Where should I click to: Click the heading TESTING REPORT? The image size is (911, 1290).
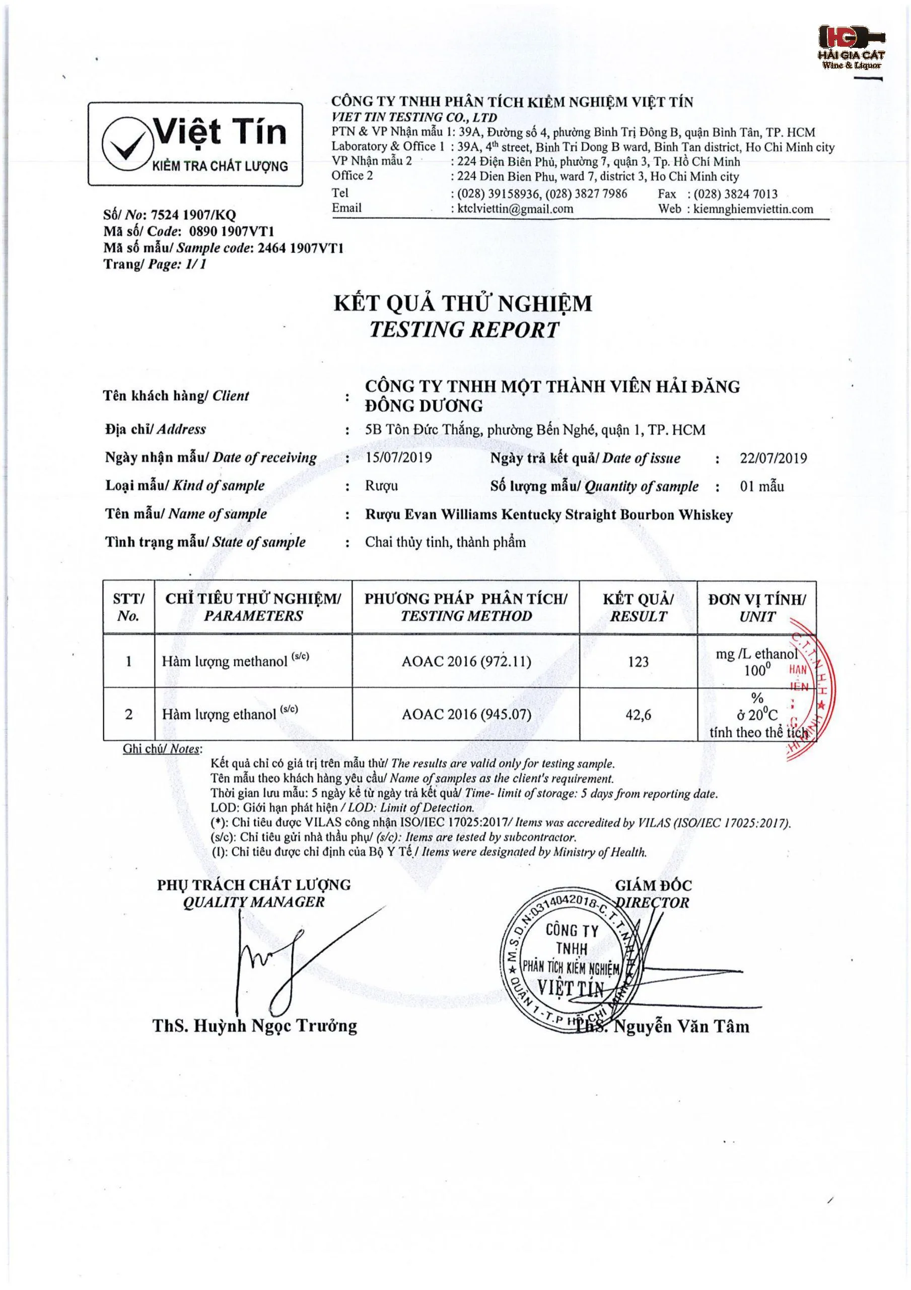464,330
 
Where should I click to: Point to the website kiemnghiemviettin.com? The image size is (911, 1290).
753,209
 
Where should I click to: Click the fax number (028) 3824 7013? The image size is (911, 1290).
735,195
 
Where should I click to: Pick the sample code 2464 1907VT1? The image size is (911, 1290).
300,248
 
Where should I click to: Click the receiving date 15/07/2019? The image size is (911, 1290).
398,458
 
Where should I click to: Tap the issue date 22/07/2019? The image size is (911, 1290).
773,459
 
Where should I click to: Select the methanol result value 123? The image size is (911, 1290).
638,662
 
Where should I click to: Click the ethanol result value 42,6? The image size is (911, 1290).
638,715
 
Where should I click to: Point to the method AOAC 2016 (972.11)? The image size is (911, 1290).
466,661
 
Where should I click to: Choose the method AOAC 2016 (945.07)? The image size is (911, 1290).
466,715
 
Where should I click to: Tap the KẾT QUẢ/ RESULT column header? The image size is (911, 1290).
638,607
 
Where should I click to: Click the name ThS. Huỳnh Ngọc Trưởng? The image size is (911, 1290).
254,1026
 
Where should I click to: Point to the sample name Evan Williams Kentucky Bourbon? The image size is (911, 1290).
549,514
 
